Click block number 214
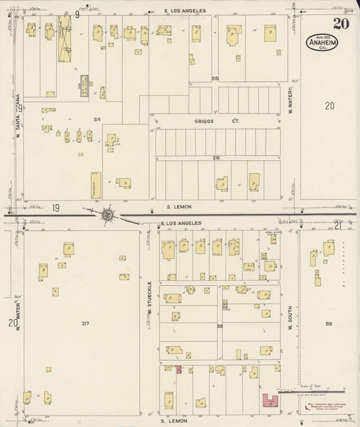click(x=97, y=120)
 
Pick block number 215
click(x=215, y=79)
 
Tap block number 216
click(x=216, y=157)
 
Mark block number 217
click(x=85, y=324)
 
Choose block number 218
click(x=220, y=326)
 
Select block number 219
click(x=328, y=324)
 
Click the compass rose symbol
click(x=107, y=215)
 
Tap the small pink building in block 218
click(x=179, y=370)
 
